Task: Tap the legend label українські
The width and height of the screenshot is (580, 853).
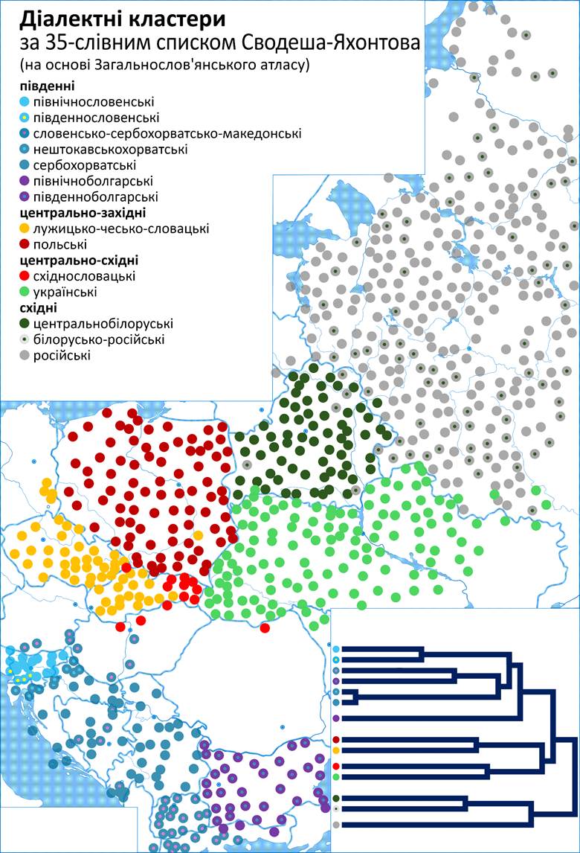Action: (x=65, y=293)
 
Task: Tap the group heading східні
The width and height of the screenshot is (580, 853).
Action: (x=38, y=308)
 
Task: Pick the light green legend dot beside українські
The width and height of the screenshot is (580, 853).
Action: (x=25, y=293)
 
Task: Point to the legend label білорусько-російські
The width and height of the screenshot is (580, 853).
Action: (x=100, y=340)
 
